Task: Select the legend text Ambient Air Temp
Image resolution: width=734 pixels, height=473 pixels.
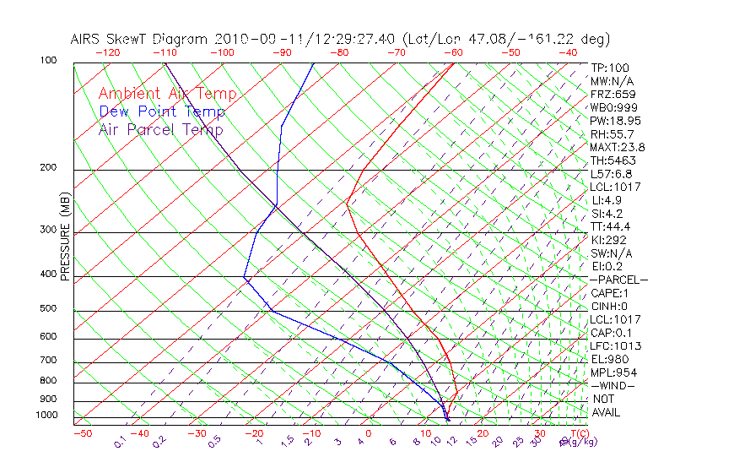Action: click(167, 94)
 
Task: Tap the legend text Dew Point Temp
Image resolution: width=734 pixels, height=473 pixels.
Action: click(162, 111)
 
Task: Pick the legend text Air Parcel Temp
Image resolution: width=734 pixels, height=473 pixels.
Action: click(160, 129)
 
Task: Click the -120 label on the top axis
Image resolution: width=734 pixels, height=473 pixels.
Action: click(107, 52)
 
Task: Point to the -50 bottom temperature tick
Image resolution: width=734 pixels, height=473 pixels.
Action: click(82, 433)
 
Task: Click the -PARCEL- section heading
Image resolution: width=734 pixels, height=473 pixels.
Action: click(619, 280)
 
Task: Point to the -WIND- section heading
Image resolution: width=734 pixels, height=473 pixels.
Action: click(613, 386)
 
